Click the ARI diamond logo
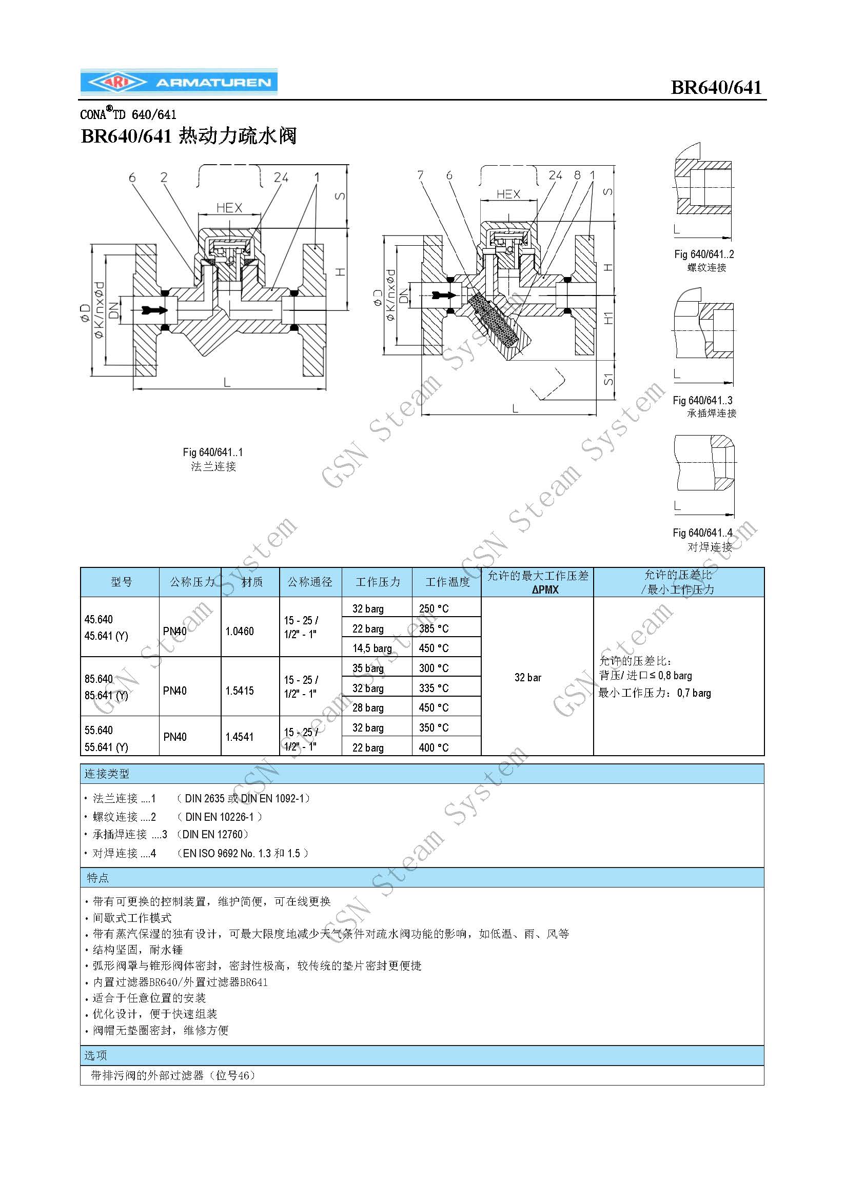[x=117, y=82]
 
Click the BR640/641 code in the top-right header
[x=716, y=87]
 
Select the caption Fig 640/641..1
[x=213, y=452]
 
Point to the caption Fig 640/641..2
[x=704, y=254]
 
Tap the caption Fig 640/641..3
[x=702, y=400]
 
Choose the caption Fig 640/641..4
[x=702, y=533]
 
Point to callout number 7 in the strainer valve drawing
[x=420, y=175]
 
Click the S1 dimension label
[x=608, y=379]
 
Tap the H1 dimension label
[x=608, y=318]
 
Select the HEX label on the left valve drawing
[x=229, y=208]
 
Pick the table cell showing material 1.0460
[x=240, y=632]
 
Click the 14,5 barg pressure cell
[x=372, y=648]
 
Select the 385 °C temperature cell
[x=434, y=628]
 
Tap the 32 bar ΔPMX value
[x=527, y=677]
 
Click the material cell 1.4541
[x=240, y=737]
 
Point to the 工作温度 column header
[x=447, y=582]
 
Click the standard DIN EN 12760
[x=213, y=835]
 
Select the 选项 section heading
[x=96, y=1055]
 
